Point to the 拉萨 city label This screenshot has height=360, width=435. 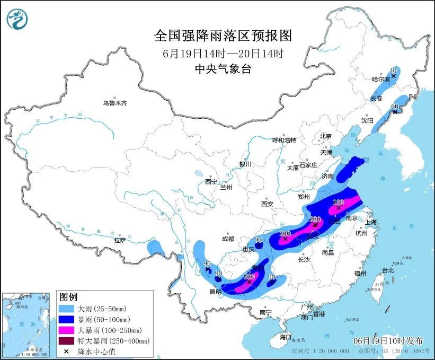(119, 240)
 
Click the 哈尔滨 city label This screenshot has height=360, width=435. (380, 80)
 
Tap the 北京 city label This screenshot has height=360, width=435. (325, 136)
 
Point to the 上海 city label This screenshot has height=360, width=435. (370, 222)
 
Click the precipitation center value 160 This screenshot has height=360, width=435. (338, 202)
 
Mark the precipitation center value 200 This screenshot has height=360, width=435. (285, 233)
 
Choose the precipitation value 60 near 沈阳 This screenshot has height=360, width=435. (394, 107)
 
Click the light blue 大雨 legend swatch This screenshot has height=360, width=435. (67, 308)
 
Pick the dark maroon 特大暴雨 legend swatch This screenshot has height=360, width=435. (67, 340)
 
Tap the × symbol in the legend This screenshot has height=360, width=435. (67, 351)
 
